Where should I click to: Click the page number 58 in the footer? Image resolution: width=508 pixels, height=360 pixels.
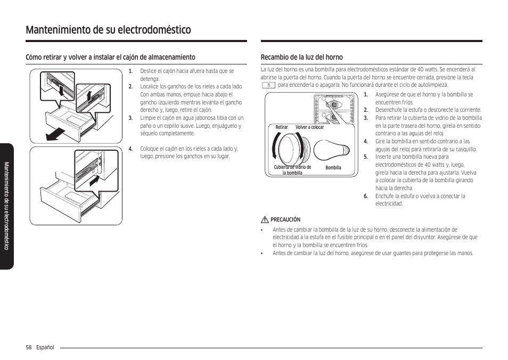tap(29, 348)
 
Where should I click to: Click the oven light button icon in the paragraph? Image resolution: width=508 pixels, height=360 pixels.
tap(269, 85)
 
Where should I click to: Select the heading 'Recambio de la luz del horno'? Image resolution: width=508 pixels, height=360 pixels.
tap(301, 57)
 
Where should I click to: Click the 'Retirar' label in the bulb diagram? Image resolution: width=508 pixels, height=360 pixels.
tap(282, 127)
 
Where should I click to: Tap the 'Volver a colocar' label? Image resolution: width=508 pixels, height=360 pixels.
tap(309, 127)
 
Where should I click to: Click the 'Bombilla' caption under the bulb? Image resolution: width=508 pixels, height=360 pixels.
tap(333, 168)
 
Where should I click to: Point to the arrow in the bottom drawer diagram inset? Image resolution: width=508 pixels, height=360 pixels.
tap(94, 181)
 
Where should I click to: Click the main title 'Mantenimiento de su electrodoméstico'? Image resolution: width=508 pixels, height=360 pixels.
tap(108, 30)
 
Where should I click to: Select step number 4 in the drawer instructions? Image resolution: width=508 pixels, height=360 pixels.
tap(130, 149)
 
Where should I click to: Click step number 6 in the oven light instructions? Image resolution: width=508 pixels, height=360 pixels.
tap(366, 196)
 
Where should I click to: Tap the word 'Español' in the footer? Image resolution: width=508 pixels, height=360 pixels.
tap(45, 348)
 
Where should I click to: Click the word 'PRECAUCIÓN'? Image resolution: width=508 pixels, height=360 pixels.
tap(285, 219)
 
